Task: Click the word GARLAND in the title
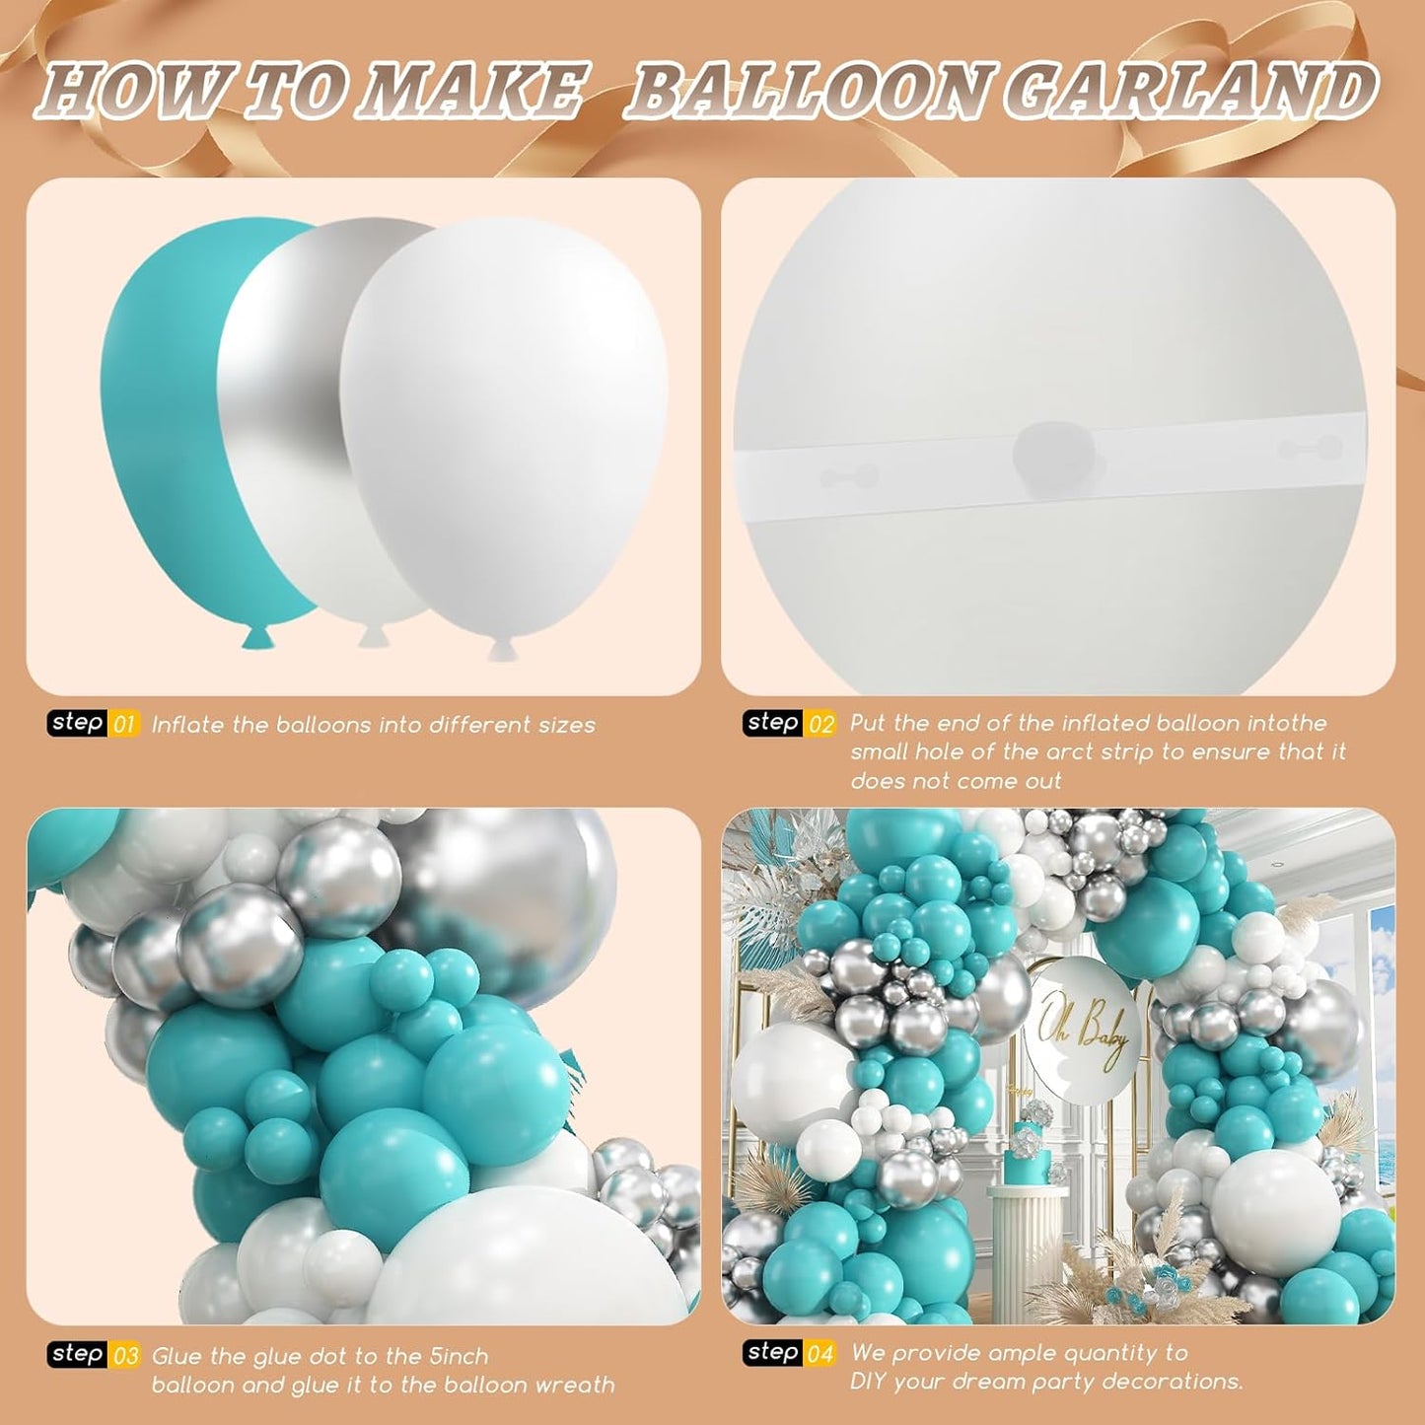pos(1193,92)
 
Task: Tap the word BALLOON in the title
pos(809,92)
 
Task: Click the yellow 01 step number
pos(124,726)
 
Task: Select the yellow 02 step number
pos(820,725)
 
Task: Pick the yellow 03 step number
pos(125,1356)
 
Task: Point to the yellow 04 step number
pos(820,1354)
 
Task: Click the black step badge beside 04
pos(772,1352)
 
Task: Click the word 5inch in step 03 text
pos(459,1356)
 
